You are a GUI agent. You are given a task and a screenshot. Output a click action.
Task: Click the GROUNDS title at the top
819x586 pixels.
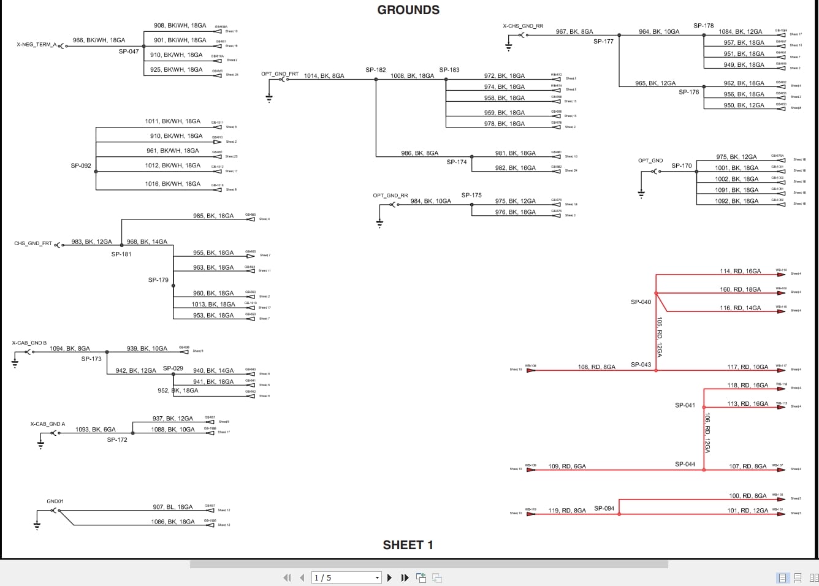408,10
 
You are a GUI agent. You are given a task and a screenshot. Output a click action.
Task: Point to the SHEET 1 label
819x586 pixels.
408,545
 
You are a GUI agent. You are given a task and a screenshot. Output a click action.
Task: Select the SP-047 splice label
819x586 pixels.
129,51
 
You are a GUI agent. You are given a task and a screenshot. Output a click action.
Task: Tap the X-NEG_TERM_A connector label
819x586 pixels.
37,45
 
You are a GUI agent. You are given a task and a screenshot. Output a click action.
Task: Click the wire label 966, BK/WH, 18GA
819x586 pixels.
99,40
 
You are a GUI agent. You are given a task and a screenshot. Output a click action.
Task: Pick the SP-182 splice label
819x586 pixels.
376,70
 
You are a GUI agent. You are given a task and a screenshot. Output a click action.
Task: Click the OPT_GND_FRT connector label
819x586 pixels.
280,74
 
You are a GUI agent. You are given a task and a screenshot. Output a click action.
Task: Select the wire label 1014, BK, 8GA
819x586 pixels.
324,76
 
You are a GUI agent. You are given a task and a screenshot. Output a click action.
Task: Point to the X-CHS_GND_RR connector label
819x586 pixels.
523,26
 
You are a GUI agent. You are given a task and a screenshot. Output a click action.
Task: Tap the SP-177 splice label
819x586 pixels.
603,42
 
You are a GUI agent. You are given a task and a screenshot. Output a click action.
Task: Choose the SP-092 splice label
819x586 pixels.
81,166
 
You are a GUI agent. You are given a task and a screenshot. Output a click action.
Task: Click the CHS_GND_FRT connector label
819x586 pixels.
33,243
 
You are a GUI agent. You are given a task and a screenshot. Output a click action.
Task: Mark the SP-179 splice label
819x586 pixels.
158,280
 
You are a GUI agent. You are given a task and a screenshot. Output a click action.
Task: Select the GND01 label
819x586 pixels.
55,501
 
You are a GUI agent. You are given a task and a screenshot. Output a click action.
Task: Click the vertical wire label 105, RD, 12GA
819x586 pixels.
660,337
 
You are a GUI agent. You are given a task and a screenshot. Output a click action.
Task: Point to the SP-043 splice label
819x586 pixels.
641,365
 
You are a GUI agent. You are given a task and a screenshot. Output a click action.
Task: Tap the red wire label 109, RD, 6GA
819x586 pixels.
567,466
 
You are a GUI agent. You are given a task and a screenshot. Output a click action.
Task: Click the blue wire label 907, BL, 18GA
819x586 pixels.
172,507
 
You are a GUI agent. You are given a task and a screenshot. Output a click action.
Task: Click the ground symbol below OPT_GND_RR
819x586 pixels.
380,223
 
